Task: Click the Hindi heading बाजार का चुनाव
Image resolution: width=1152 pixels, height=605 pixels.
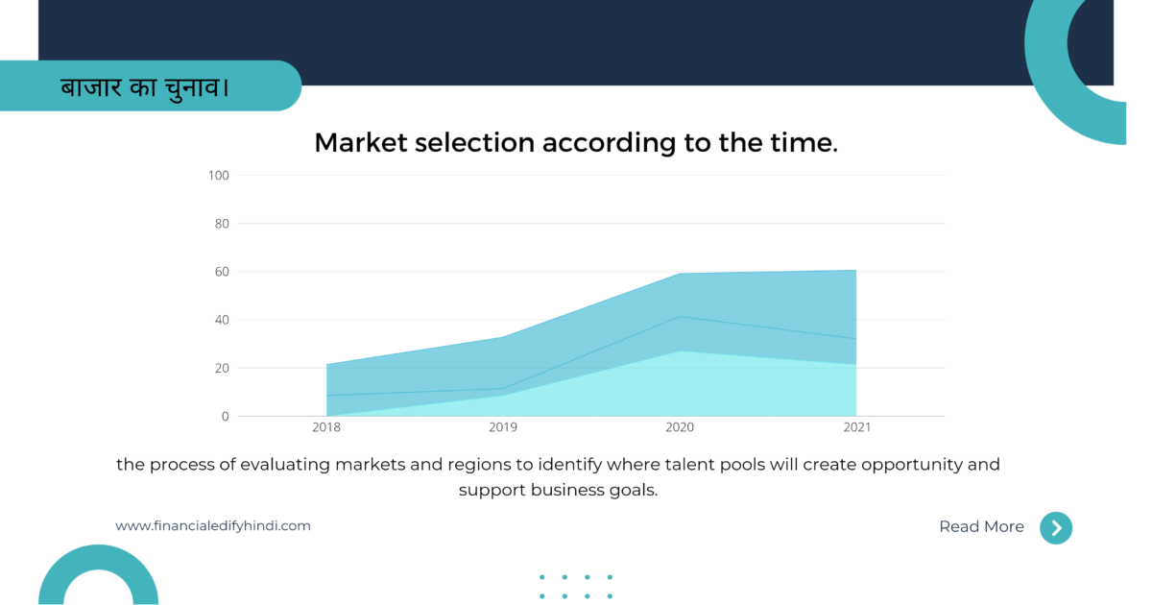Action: pyautogui.click(x=145, y=87)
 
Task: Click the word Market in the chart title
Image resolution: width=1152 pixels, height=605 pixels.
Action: pyautogui.click(x=361, y=142)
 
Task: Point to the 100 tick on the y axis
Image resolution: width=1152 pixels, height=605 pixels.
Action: pyautogui.click(x=219, y=176)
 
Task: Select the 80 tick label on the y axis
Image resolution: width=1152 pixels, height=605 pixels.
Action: pyautogui.click(x=222, y=224)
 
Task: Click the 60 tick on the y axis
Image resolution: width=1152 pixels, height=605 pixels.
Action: pyautogui.click(x=222, y=272)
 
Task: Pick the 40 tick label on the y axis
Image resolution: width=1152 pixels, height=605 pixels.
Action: pyautogui.click(x=222, y=320)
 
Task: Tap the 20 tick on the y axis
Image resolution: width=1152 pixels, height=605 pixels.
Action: pyautogui.click(x=222, y=369)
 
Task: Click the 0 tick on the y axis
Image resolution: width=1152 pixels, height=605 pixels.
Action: pyautogui.click(x=226, y=416)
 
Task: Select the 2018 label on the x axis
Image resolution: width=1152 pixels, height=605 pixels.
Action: pyautogui.click(x=326, y=427)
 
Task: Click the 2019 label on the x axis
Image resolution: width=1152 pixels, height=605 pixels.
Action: pyautogui.click(x=503, y=427)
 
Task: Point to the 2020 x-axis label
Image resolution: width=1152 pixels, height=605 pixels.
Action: pyautogui.click(x=680, y=427)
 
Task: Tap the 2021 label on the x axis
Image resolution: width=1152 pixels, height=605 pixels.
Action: pyautogui.click(x=856, y=427)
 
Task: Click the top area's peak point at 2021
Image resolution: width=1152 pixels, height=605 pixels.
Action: pyautogui.click(x=856, y=270)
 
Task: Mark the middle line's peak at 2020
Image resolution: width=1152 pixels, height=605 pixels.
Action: pyautogui.click(x=680, y=316)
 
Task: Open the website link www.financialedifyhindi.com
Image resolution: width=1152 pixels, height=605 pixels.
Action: pyautogui.click(x=213, y=526)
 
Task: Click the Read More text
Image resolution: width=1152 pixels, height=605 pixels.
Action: pyautogui.click(x=982, y=527)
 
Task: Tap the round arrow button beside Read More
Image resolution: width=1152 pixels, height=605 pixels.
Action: pyautogui.click(x=1056, y=528)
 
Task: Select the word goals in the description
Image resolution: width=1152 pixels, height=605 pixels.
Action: pyautogui.click(x=634, y=491)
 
